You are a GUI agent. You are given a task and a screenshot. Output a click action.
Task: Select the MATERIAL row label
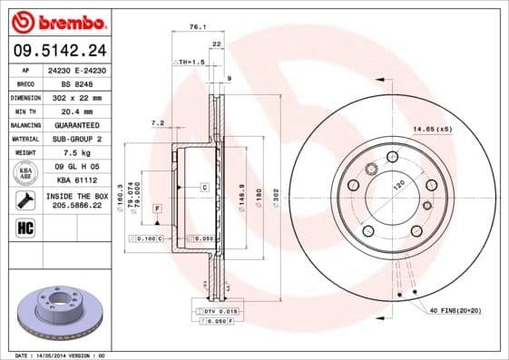(x=24, y=139)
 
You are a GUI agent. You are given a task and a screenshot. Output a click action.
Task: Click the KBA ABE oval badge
(x=25, y=173)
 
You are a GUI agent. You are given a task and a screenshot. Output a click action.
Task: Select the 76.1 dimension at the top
(x=196, y=27)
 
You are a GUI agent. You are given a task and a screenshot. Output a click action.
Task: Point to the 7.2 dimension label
(x=156, y=122)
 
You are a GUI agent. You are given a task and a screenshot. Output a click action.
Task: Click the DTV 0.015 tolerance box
(x=216, y=311)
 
